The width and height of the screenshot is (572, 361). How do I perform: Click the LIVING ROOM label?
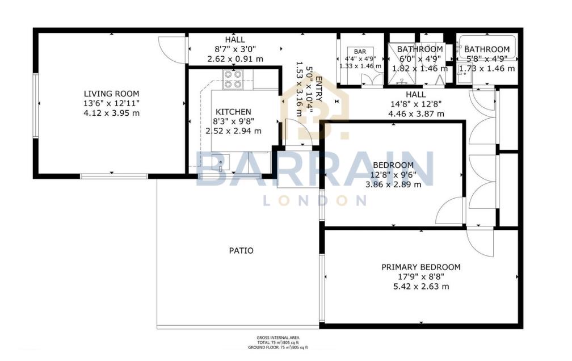pyautogui.click(x=111, y=94)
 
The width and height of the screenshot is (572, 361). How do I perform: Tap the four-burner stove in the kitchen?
pyautogui.click(x=233, y=79)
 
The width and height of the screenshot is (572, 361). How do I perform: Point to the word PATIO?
pyautogui.click(x=242, y=250)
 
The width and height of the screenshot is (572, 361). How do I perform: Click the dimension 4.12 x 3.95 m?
pyautogui.click(x=111, y=113)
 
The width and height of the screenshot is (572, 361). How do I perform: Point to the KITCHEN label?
pyautogui.click(x=233, y=112)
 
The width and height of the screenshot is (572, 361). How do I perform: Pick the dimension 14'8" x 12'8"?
pyautogui.click(x=416, y=104)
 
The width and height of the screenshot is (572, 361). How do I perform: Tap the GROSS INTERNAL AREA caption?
pyautogui.click(x=277, y=337)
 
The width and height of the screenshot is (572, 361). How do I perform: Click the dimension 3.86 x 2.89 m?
pyautogui.click(x=393, y=184)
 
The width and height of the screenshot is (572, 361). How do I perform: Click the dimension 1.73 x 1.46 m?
pyautogui.click(x=486, y=68)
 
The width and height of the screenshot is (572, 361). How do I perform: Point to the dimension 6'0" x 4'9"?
pyautogui.click(x=419, y=58)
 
